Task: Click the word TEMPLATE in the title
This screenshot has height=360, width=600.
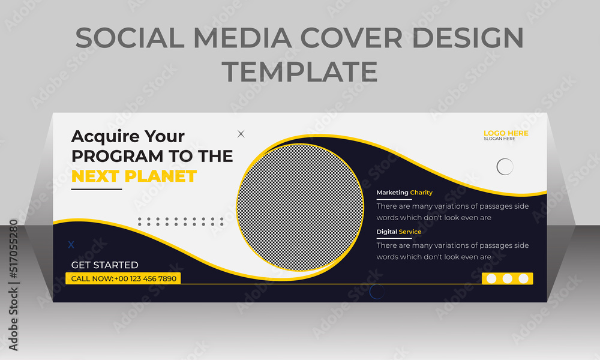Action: pos(299,71)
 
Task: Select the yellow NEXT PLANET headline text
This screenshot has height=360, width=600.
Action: pos(134,176)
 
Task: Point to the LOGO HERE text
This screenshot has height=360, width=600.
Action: pos(506,133)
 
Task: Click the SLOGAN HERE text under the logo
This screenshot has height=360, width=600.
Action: pos(499,139)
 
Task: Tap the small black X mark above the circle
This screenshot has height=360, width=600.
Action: pos(241,134)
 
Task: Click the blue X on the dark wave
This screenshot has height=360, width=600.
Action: pos(71,245)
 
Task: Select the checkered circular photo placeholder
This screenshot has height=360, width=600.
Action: pos(300,208)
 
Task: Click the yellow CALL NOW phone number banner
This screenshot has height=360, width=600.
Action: pos(123,278)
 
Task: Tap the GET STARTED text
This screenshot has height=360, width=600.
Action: pos(105,265)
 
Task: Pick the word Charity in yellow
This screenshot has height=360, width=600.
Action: pos(421,193)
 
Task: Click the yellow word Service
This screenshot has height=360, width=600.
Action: pos(410,232)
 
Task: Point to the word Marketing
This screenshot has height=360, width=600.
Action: pos(392,193)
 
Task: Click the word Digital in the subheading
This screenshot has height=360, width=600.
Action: pos(387,232)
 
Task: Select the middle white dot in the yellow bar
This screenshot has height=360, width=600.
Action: pos(508,278)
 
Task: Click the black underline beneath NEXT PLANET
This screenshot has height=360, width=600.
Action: pos(97,189)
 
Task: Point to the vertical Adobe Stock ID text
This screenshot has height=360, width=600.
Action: pos(13,285)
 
